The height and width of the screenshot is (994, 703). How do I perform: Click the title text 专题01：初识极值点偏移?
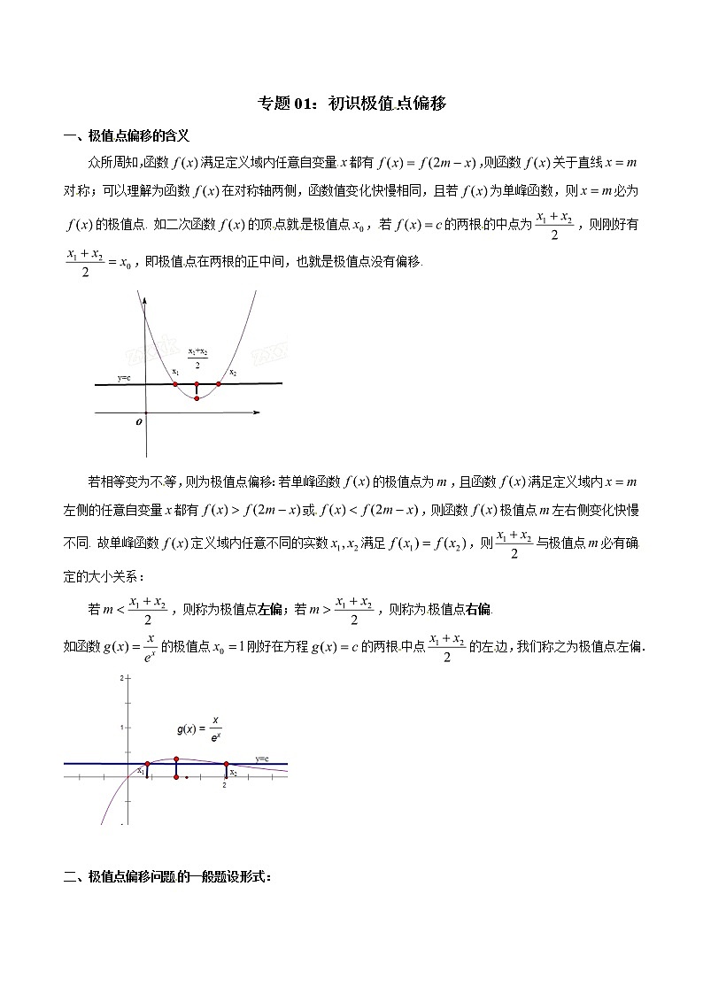point(351,104)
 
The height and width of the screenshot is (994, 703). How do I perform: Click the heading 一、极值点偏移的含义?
point(127,135)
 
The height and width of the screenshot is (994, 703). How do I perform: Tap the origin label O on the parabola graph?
point(139,422)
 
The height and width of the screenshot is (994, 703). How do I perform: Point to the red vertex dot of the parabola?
point(197,399)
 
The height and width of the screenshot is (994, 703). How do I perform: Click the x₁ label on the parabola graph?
point(175,372)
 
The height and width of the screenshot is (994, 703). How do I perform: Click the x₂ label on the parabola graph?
point(233,373)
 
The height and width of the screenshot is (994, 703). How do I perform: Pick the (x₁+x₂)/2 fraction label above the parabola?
point(197,358)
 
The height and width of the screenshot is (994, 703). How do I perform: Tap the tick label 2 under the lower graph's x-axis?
point(224,785)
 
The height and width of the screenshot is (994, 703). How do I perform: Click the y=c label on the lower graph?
point(262,759)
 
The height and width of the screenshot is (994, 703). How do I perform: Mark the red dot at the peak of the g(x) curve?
point(176,759)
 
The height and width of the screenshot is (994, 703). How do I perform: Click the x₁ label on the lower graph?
point(140,772)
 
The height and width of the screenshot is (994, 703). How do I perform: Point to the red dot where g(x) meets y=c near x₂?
point(226,764)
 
